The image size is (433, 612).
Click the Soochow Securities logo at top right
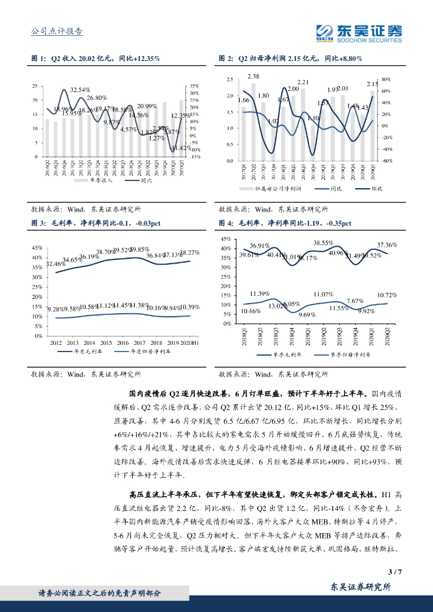(x=359, y=32)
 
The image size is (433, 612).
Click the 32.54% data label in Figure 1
(x=80, y=90)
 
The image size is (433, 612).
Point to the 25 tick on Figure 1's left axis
(x=36, y=87)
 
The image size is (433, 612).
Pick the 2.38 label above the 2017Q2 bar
(x=253, y=76)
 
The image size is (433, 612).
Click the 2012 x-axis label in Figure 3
(x=56, y=342)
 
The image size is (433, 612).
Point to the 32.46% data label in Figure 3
(x=56, y=264)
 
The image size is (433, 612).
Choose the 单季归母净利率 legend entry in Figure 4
(x=345, y=354)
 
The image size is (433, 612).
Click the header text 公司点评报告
(x=56, y=31)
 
